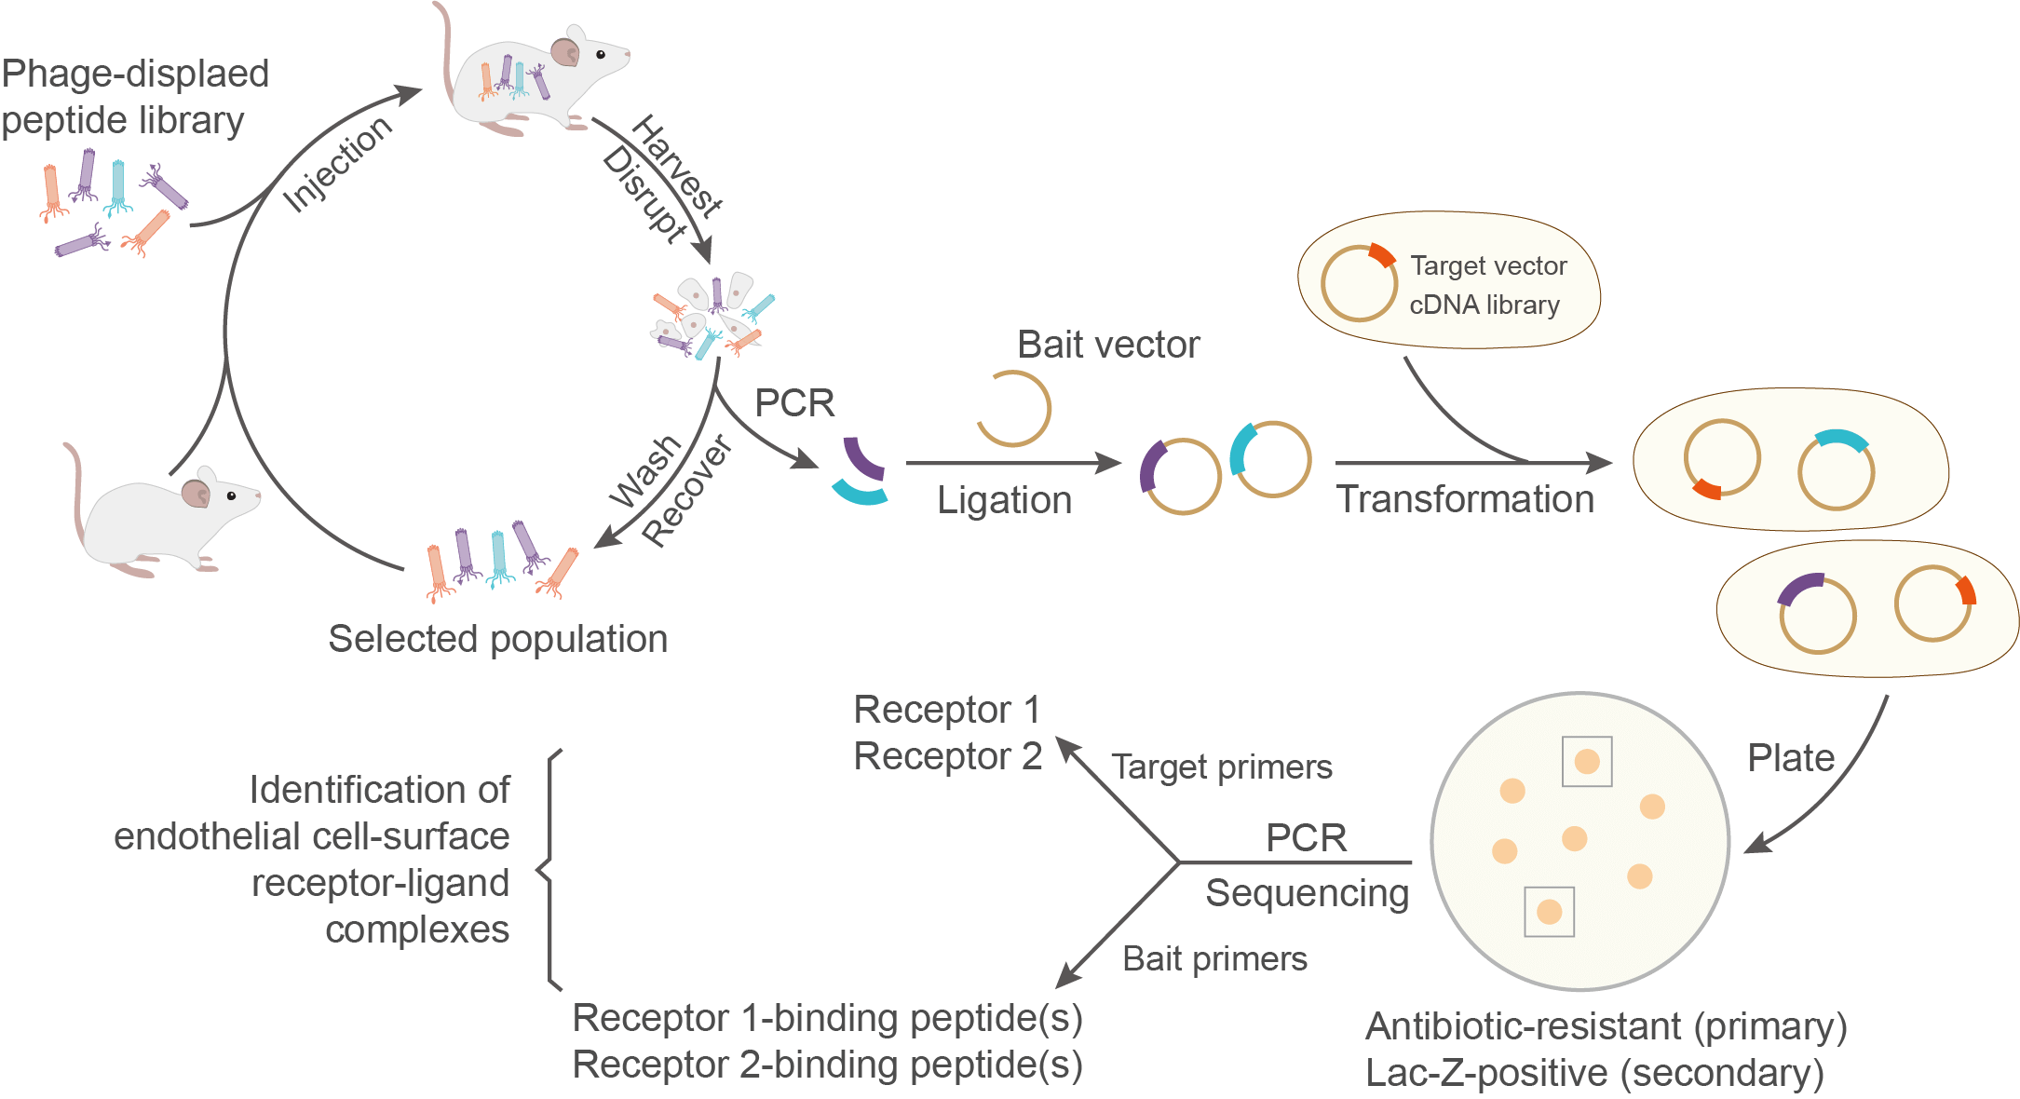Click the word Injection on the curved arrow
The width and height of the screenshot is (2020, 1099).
coord(337,164)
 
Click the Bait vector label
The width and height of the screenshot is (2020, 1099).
coord(1108,345)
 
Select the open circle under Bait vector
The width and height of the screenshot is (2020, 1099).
coord(1013,408)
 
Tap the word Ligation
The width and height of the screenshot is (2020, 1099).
coord(1004,500)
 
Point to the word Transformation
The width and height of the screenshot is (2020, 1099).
coord(1465,499)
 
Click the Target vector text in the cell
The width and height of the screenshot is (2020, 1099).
coord(1488,266)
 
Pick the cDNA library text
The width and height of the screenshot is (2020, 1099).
coord(1484,305)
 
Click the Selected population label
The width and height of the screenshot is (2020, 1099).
coord(497,639)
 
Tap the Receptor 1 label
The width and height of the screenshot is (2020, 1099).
coord(946,710)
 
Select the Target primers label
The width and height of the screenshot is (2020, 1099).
coord(1221,767)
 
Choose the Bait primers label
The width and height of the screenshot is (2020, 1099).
coord(1214,958)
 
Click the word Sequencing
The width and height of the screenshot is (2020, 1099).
coord(1307,893)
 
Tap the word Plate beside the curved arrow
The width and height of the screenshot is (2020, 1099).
coord(1790,758)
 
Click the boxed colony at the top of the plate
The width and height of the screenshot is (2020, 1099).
coord(1587,761)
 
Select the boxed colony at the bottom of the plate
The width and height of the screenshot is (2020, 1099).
coord(1549,911)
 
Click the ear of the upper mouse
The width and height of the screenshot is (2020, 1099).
coord(564,51)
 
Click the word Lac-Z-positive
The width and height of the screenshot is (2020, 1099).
coord(1486,1073)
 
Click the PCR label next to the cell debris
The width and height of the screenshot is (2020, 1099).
coord(794,402)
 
